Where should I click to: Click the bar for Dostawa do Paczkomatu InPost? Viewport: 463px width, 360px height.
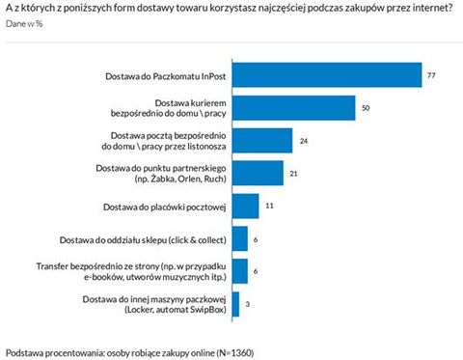pos(328,74)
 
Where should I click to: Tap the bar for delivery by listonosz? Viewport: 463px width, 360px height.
pos(263,140)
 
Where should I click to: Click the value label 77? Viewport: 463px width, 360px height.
pos(433,74)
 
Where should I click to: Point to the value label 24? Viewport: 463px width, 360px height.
pos(304,140)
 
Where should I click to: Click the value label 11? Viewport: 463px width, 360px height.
pos(270,206)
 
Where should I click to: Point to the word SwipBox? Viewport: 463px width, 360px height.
pos(204,311)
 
